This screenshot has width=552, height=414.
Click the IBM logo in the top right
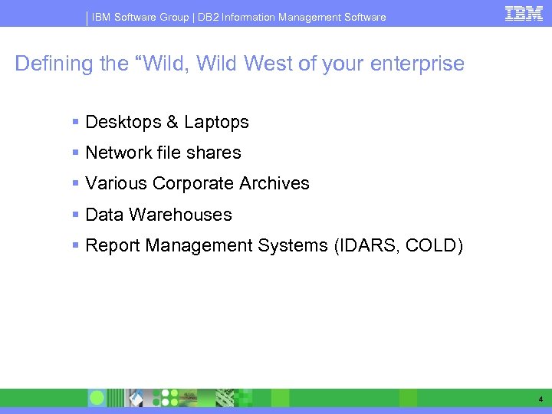point(524,13)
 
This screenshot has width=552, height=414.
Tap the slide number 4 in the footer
point(540,399)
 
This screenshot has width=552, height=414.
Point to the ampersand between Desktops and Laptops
point(171,123)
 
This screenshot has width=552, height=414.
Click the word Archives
point(274,184)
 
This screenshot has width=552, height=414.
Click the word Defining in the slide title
point(53,64)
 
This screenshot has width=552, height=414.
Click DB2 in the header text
point(208,17)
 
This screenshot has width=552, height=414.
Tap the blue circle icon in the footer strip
point(97,398)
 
